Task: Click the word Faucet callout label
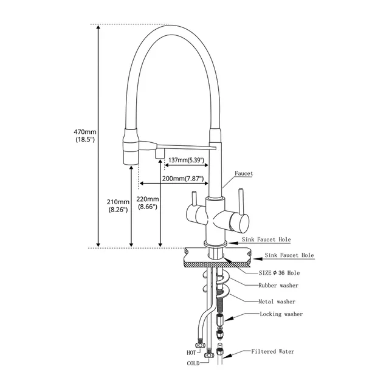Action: [x=245, y=173]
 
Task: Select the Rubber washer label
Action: [x=278, y=285]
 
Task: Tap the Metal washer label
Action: [x=277, y=301]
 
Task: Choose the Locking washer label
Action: [x=281, y=314]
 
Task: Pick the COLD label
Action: [x=193, y=363]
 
